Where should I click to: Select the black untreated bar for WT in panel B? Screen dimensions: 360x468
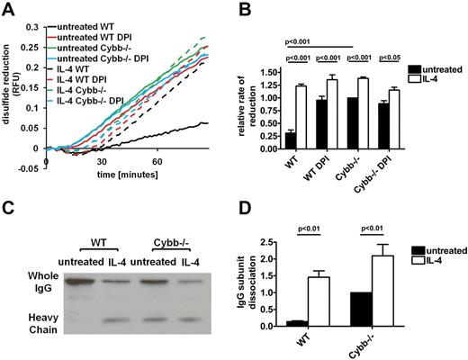291,140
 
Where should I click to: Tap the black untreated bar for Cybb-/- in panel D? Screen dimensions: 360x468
361,309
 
